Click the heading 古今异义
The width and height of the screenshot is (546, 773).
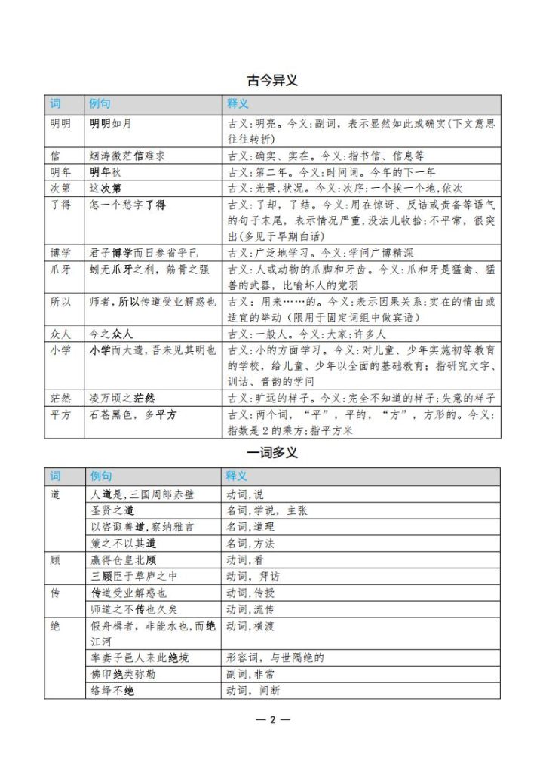point(272,80)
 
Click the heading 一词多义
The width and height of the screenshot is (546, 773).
point(272,453)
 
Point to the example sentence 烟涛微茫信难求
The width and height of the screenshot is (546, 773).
point(127,156)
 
